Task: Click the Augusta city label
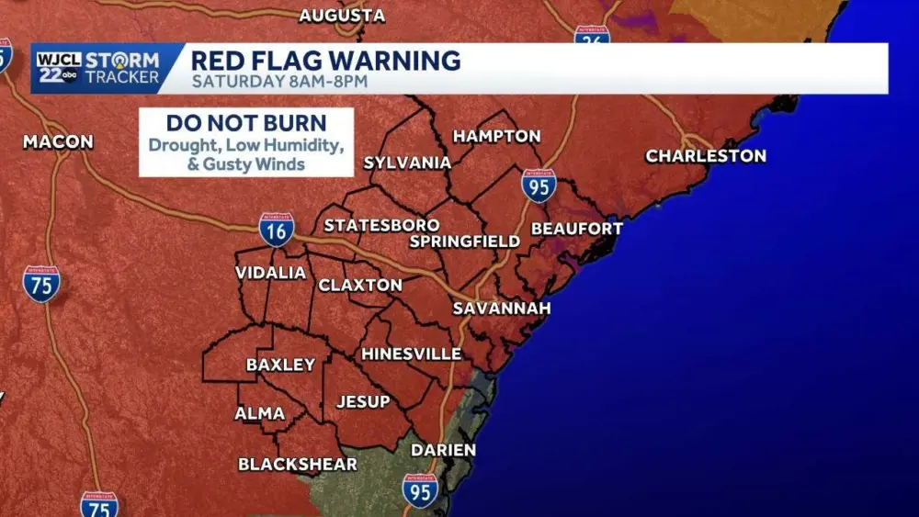click(342, 16)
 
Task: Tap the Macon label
click(58, 141)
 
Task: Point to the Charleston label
click(706, 156)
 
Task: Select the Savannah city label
click(502, 309)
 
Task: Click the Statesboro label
click(381, 225)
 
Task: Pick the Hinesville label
click(411, 354)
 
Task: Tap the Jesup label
click(363, 401)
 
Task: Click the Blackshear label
click(298, 465)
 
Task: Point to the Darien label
click(443, 450)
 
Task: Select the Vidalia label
click(270, 273)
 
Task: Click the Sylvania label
click(407, 163)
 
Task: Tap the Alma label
click(259, 414)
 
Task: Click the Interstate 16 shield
click(276, 230)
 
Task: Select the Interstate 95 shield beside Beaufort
click(539, 185)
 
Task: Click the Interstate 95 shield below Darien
click(420, 490)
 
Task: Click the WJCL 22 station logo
click(58, 68)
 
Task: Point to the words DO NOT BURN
click(246, 123)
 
